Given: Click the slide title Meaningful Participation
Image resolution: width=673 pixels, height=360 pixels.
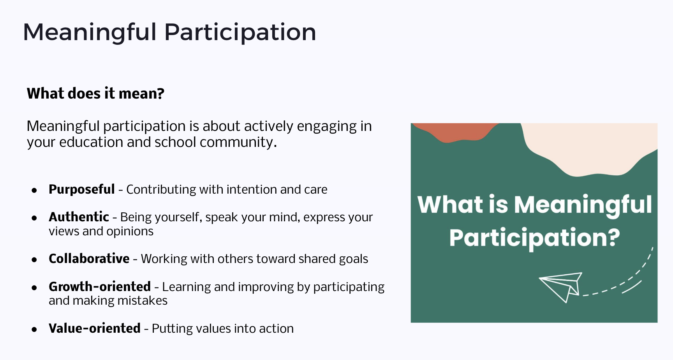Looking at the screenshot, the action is [169, 32].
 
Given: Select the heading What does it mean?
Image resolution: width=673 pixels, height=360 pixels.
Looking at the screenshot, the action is [95, 94].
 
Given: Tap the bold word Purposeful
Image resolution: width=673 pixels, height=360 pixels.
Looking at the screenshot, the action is [82, 189].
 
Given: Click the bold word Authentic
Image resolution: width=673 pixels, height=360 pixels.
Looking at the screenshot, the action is [79, 217].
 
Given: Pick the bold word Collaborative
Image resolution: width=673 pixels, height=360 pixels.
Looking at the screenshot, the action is [89, 259].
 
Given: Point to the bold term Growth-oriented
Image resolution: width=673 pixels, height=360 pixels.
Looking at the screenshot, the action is [100, 286].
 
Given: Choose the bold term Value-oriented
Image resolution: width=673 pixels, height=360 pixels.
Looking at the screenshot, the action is [95, 328].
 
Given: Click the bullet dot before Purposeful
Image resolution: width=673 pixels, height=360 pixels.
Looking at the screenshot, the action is [34, 191].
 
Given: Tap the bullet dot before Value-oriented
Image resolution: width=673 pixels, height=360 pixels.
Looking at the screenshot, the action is [34, 330].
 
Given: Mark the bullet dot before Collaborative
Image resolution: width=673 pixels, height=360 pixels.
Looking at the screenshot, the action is [34, 260].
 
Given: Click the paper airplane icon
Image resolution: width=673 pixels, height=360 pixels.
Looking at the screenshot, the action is [561, 287].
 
